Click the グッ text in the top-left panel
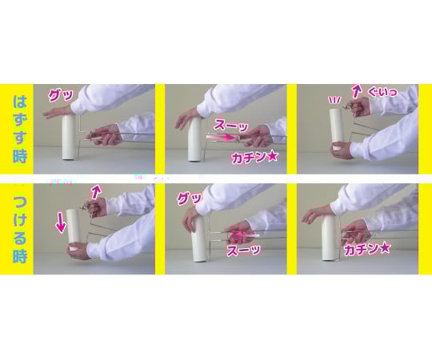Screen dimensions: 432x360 pos(61,94)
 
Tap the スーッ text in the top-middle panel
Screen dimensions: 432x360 pos(231,125)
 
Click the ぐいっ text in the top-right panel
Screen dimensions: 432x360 pos(382,91)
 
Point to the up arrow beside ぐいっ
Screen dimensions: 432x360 pos(357,91)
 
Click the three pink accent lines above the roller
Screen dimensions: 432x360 pos(334,99)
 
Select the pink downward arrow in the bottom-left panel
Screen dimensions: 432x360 pos(61,222)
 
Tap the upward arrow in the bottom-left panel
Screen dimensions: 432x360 pos(96,192)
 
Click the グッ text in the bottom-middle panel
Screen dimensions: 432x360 pos(190,198)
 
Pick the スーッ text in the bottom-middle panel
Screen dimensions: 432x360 pos(243,250)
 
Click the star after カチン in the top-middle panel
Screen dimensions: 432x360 pos(272,157)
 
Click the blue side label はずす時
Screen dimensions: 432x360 pos(20,129)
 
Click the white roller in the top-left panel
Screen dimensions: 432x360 pos(69,137)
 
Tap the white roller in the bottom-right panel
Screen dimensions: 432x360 pos(329,238)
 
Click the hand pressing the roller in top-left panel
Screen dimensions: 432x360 pos(58,112)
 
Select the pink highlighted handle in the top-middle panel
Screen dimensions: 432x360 pos(222,137)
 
